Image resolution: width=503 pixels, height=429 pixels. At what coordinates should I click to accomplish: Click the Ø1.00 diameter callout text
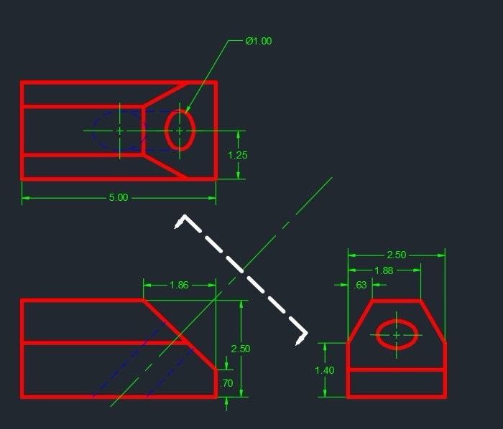click(259, 42)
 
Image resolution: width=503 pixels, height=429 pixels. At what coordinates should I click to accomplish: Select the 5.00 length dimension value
click(119, 197)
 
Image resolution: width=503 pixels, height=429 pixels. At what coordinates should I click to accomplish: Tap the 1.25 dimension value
click(238, 155)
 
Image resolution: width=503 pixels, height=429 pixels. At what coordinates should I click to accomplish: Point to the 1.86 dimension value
click(179, 286)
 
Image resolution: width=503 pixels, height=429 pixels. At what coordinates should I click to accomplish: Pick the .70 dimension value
click(226, 384)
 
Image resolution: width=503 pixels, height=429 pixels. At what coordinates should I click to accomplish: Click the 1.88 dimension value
click(384, 270)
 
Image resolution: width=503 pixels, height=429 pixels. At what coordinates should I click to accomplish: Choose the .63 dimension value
click(361, 286)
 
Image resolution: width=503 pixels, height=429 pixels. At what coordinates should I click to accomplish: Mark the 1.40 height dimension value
click(325, 370)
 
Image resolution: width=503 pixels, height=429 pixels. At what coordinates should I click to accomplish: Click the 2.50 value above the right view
click(397, 255)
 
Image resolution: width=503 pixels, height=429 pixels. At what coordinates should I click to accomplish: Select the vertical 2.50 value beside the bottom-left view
click(241, 349)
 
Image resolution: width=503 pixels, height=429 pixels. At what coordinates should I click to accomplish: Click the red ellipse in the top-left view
click(167, 131)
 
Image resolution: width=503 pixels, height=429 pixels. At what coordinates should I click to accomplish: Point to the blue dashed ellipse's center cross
click(119, 131)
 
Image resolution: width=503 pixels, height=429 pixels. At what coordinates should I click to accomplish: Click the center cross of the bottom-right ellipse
click(396, 335)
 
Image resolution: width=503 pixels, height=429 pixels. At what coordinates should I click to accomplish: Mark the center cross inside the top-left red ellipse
click(180, 131)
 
